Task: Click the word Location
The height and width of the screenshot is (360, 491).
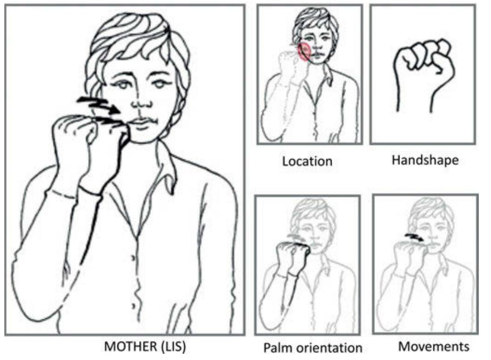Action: point(307,161)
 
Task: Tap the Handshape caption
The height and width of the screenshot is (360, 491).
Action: point(425,160)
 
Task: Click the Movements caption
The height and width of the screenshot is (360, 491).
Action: point(434,347)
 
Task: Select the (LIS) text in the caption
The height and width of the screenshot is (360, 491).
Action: point(173,347)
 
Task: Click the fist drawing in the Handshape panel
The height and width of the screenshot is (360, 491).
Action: point(423,75)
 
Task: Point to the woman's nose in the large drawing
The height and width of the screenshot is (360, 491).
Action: point(140,101)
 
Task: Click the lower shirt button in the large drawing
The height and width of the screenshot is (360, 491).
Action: point(134,306)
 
